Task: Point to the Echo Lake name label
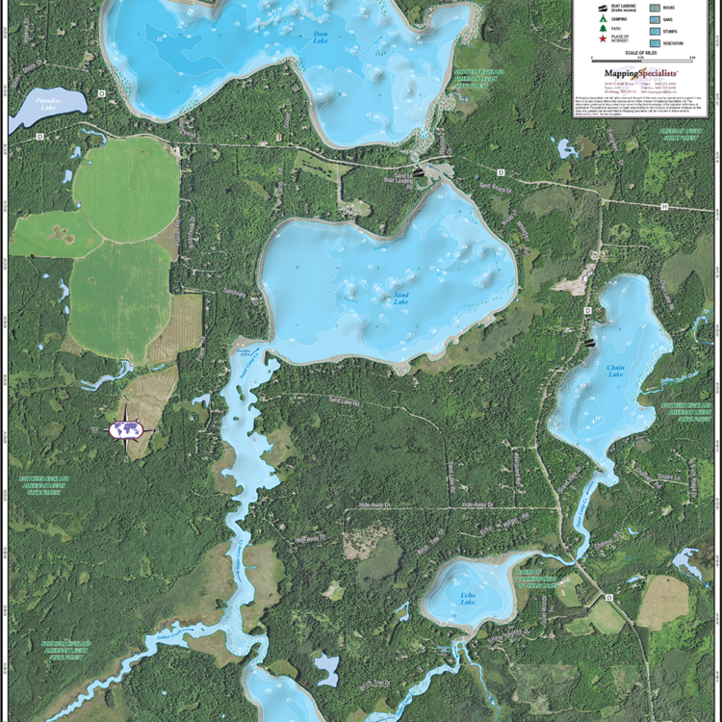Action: pos(468,599)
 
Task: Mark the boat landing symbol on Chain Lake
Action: pos(589,341)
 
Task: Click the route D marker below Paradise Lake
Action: pos(39,137)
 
